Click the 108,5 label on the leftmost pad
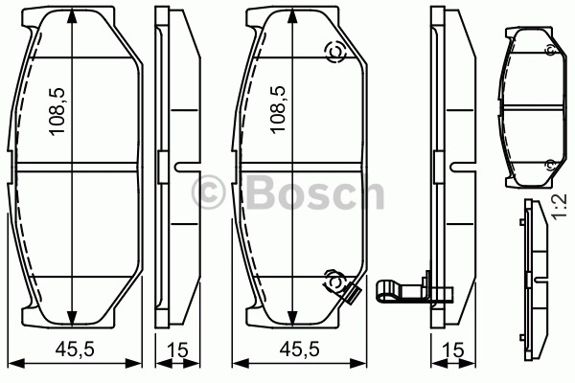(x=57, y=111)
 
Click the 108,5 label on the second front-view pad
(x=277, y=110)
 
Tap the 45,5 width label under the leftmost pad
(x=75, y=349)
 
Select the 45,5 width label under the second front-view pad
(x=299, y=349)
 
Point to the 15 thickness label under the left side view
(x=177, y=350)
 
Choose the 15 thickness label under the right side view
(x=453, y=350)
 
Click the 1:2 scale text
(x=560, y=207)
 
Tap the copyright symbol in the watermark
(x=208, y=192)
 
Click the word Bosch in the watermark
(x=314, y=192)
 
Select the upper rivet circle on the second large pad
(x=335, y=53)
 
